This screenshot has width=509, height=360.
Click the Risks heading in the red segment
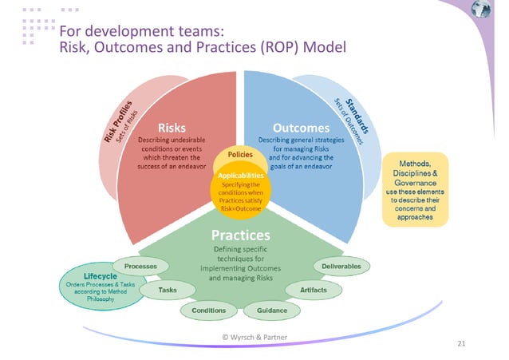(x=172, y=128)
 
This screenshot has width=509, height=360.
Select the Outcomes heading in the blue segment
(x=302, y=128)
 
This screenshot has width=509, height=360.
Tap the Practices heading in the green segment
(x=240, y=235)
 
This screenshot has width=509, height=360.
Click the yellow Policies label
(x=241, y=152)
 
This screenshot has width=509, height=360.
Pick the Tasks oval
(x=168, y=289)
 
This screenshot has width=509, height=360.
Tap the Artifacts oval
(x=314, y=289)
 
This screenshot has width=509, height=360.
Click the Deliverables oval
(x=341, y=265)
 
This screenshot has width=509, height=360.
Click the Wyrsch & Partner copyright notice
(x=254, y=337)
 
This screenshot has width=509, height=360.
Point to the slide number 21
(x=461, y=345)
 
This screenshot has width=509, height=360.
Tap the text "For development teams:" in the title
(x=134, y=31)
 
